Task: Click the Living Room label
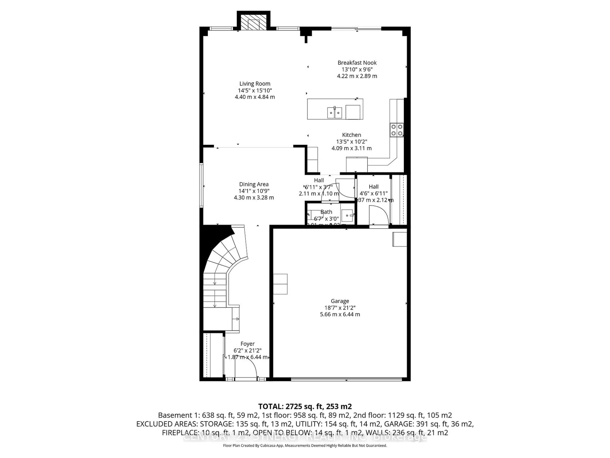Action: pos(254,84)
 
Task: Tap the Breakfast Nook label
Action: pos(357,63)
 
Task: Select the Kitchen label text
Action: pos(351,135)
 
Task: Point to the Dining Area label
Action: pos(254,184)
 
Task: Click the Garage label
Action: pos(340,301)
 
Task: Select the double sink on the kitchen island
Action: pos(335,113)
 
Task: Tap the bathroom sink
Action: pos(347,215)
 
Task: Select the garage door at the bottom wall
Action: pos(346,379)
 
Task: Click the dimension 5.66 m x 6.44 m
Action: pos(340,314)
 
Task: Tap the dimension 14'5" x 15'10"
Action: pos(255,90)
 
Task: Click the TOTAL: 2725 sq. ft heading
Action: pos(305,406)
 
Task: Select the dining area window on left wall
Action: pos(201,185)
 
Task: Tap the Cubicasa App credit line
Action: pos(305,445)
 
